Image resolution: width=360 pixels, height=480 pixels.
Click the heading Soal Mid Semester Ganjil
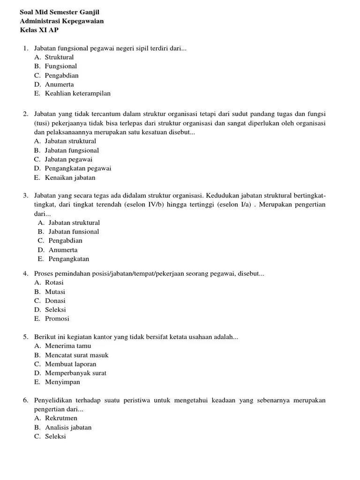[x=60, y=12]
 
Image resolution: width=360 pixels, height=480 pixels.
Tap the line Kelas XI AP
[x=39, y=30]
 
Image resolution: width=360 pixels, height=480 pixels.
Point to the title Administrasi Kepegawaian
[x=62, y=21]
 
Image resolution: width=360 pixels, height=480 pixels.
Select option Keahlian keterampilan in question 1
[x=78, y=93]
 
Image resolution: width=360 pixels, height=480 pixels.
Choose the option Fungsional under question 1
[x=61, y=66]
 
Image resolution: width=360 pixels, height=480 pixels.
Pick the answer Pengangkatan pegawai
[x=78, y=168]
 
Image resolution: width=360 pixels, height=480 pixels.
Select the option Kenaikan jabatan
[x=70, y=178]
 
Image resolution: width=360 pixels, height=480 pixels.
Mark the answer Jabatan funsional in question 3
[x=74, y=232]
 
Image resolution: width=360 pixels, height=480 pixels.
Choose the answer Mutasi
[x=55, y=292]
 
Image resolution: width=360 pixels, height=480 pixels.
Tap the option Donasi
[x=55, y=300]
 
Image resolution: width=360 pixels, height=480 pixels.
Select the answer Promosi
[x=57, y=319]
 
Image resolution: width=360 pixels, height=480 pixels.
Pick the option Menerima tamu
[x=68, y=346]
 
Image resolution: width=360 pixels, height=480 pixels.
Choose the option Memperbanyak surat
[x=75, y=373]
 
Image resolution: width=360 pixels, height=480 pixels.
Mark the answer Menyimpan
[x=63, y=382]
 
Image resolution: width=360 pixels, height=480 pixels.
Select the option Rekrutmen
[x=61, y=418]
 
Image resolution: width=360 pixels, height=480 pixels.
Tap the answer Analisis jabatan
[x=68, y=427]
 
